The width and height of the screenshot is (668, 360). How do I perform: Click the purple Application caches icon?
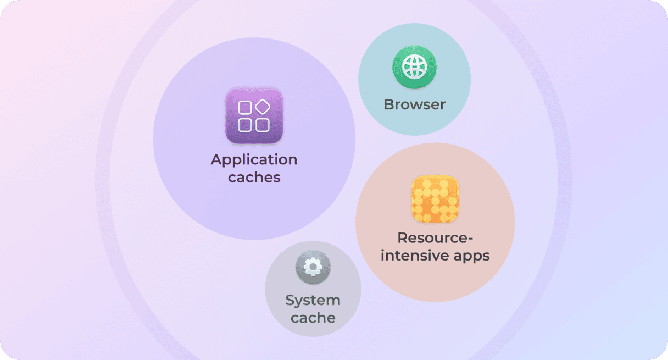(254, 115)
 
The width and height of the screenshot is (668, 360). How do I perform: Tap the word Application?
(254, 160)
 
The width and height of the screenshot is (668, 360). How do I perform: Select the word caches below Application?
(254, 178)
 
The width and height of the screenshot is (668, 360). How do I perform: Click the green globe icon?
(414, 67)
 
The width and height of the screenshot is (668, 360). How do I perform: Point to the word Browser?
(414, 104)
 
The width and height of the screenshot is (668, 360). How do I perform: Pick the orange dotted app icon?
(435, 200)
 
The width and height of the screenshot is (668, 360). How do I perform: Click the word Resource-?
(435, 239)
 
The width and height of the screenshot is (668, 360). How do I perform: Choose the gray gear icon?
(313, 268)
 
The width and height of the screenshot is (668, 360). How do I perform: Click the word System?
(313, 301)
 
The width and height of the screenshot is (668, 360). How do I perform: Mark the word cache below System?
(313, 318)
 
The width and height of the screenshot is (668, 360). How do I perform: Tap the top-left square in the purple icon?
(245, 107)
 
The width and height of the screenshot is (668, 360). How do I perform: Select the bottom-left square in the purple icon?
(245, 125)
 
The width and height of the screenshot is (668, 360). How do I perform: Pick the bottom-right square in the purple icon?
(263, 125)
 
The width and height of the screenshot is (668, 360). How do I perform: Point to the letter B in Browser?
(388, 104)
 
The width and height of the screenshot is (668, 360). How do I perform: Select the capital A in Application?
(216, 160)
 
